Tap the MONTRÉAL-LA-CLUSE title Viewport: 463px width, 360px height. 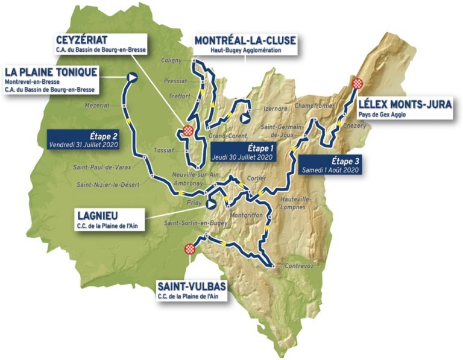(245, 40)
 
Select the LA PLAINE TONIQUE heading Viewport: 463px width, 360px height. (51, 72)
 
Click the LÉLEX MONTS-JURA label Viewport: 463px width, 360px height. (405, 104)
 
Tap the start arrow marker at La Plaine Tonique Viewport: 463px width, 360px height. (132, 77)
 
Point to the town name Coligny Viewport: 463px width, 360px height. (172, 60)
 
